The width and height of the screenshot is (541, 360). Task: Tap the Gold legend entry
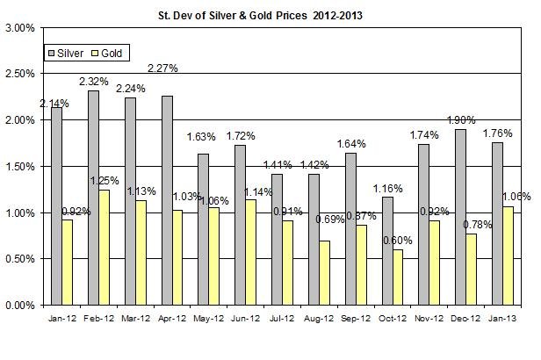[111, 54]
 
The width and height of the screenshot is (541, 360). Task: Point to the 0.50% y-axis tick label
[22, 260]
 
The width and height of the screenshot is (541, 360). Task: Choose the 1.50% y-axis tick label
[22, 167]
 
